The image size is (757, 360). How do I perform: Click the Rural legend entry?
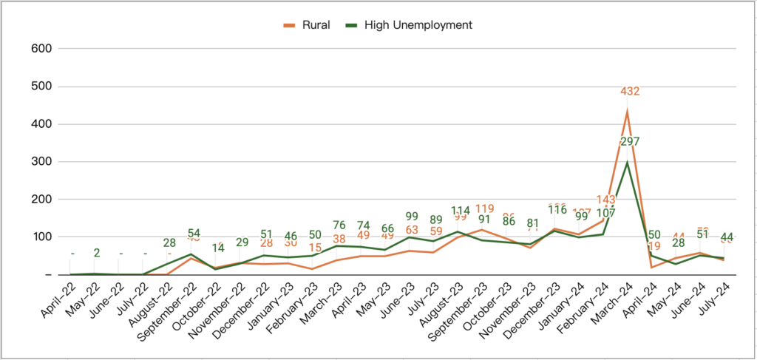pyautogui.click(x=311, y=25)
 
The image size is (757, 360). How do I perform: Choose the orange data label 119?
pyautogui.click(x=484, y=208)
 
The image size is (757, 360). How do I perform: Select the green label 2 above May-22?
pyautogui.click(x=96, y=254)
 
